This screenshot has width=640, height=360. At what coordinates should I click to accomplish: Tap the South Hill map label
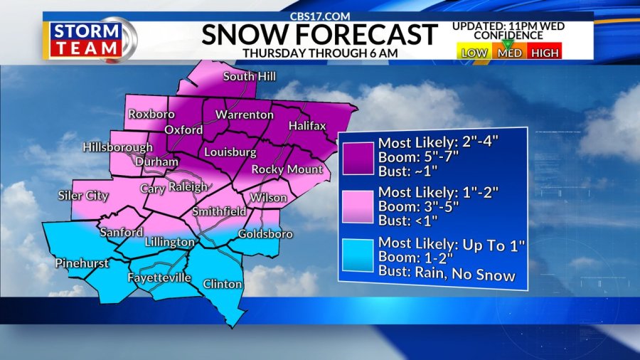249,77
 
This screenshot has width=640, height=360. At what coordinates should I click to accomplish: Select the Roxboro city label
151,114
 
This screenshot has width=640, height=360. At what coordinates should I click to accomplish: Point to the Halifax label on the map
307,126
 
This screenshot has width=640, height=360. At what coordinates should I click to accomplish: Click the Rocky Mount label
287,169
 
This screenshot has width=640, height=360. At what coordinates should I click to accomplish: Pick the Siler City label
83,196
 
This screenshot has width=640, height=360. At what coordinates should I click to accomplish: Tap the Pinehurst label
82,263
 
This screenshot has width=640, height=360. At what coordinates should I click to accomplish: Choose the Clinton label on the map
223,284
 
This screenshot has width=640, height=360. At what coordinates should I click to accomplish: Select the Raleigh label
188,187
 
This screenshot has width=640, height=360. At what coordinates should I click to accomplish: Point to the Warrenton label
245,115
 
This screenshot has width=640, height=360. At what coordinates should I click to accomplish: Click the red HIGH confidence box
545,53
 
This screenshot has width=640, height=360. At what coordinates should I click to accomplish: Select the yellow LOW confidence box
474,53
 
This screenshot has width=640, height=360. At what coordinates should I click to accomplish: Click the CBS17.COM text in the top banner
319,16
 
